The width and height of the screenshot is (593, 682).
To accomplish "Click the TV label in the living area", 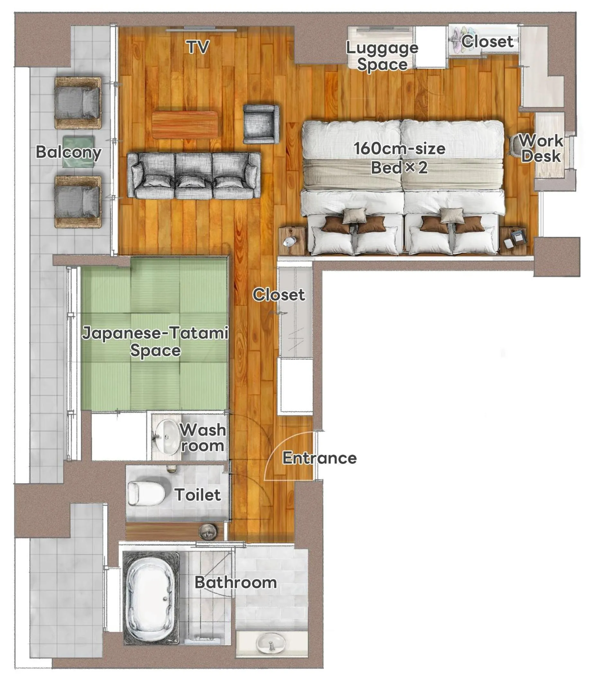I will click(198, 47).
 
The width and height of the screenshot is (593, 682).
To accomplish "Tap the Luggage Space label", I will click(382, 56).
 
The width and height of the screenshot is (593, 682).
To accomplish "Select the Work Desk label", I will click(541, 148).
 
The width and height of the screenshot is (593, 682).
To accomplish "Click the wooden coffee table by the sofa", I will click(185, 125).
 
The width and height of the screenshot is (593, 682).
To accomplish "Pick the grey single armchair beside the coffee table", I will click(261, 124).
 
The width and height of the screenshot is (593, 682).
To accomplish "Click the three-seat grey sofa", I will click(194, 176).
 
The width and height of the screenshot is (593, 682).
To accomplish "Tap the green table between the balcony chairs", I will click(79, 151).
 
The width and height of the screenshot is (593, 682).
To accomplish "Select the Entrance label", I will click(319, 458).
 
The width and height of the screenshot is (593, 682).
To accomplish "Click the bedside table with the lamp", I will click(292, 241).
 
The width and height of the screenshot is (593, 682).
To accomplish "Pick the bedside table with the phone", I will click(513, 241).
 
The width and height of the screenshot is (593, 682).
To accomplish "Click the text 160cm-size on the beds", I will click(400, 148).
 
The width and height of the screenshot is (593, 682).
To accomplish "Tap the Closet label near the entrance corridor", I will click(278, 294).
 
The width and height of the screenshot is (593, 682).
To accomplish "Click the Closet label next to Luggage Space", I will click(488, 42).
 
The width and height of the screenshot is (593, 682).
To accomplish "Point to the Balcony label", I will click(68, 152).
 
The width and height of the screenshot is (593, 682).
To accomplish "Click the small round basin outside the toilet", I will click(208, 532).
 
